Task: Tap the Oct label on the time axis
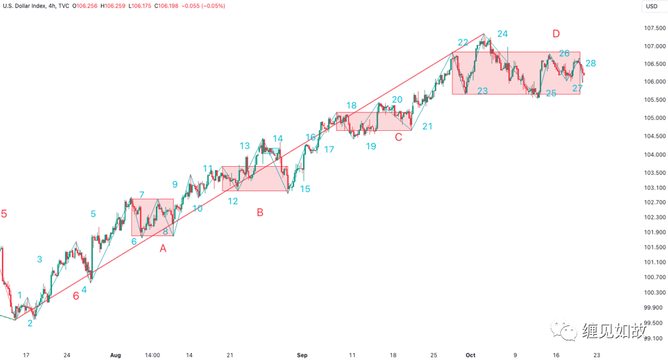click(471, 354)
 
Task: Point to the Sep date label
click(302, 354)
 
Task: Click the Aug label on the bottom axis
click(115, 354)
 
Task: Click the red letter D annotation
click(556, 34)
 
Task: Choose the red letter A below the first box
click(163, 249)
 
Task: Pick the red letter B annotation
click(260, 212)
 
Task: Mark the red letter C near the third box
click(399, 138)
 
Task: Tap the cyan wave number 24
click(502, 34)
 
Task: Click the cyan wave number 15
click(305, 189)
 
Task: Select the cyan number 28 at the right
click(591, 63)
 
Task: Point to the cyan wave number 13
click(244, 146)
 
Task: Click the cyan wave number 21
click(427, 126)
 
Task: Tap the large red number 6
click(76, 295)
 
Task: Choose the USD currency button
click(651, 6)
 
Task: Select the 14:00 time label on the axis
click(152, 354)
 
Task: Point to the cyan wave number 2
click(30, 323)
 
